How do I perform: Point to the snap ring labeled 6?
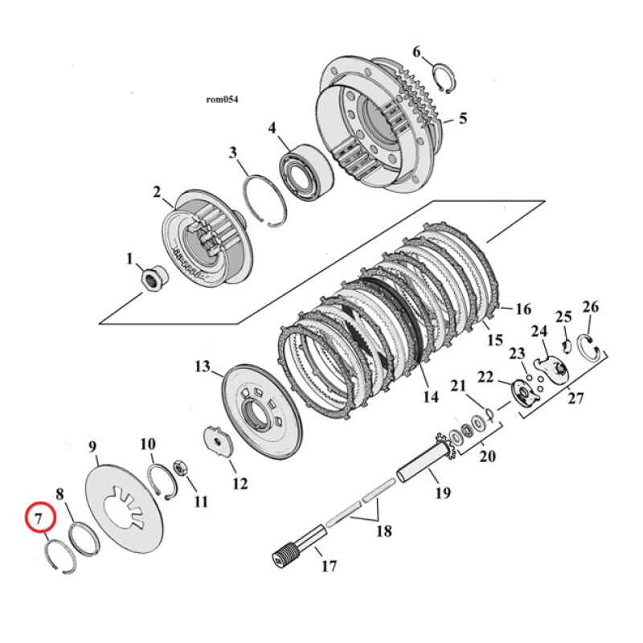click(444, 80)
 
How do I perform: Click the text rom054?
click(222, 100)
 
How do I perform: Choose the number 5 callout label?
click(462, 119)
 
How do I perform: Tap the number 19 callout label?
click(443, 492)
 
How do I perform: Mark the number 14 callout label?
click(431, 396)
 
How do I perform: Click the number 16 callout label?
click(523, 309)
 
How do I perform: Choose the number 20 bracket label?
click(487, 457)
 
